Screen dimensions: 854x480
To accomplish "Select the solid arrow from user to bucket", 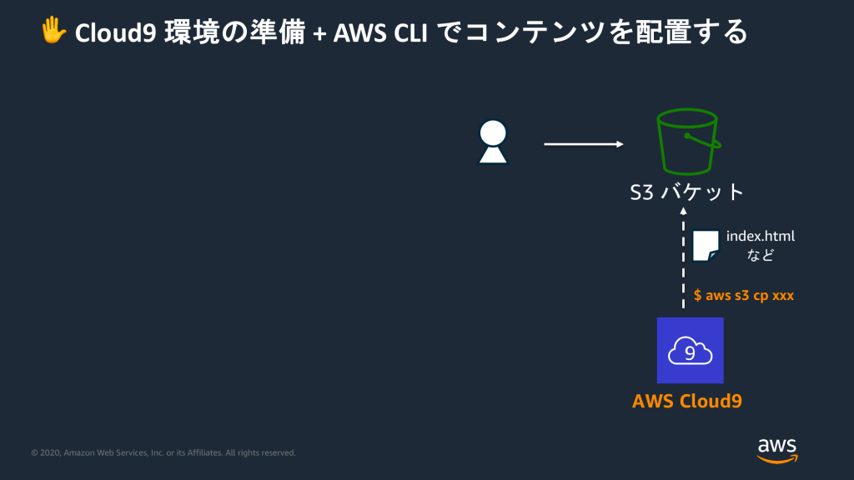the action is coord(584,144).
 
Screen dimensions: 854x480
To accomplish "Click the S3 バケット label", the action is coord(686,192).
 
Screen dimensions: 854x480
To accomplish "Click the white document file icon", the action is coord(706,246).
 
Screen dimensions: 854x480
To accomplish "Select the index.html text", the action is coord(761,237).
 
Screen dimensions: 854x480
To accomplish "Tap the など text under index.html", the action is coord(760,255).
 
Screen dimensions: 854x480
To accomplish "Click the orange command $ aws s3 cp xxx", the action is coord(743,295).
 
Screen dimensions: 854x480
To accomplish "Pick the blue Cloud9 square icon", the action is coord(690,350).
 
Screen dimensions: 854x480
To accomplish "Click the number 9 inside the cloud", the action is coord(689,352).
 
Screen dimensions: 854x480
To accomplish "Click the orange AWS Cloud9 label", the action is coord(686,401).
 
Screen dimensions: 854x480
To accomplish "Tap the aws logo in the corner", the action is coord(776,448).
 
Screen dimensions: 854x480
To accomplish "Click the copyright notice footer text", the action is coord(163,452).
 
